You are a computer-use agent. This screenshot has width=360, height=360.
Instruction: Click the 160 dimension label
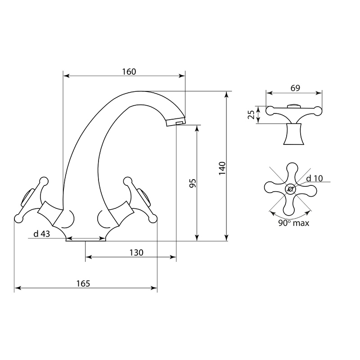pyautogui.click(x=129, y=72)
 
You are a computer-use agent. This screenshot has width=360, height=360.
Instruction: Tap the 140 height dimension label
pyautogui.click(x=222, y=168)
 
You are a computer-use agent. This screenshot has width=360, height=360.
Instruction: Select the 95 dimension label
pyautogui.click(x=193, y=183)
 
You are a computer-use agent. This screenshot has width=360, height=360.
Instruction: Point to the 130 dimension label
pyautogui.click(x=136, y=252)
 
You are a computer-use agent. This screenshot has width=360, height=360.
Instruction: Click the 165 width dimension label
pyautogui.click(x=83, y=283)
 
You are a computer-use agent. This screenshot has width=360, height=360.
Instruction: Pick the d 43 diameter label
pyautogui.click(x=41, y=234)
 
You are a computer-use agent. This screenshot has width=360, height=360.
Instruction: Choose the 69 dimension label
pyautogui.click(x=295, y=88)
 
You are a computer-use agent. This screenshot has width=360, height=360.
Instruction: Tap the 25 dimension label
pyautogui.click(x=252, y=115)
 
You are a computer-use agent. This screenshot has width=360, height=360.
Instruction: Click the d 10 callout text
pyautogui.click(x=315, y=178)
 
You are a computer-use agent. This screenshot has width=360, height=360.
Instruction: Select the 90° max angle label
pyautogui.click(x=294, y=223)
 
